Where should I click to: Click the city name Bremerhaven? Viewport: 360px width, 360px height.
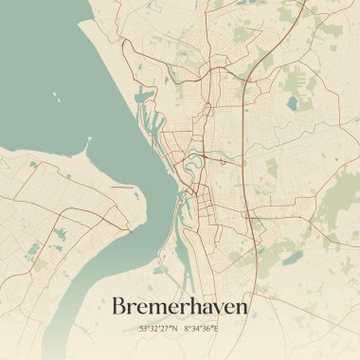tap(180, 307)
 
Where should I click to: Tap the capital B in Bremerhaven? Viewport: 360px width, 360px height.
tap(120, 307)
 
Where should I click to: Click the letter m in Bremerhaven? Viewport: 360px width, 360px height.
tap(158, 309)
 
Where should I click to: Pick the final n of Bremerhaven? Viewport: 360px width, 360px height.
tap(242, 309)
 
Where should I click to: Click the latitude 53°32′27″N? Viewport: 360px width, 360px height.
tap(158, 329)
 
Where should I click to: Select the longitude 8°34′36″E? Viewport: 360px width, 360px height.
tap(202, 329)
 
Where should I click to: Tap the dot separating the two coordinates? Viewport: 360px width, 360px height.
tap(180, 329)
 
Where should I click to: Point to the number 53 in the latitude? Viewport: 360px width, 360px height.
tap(143, 329)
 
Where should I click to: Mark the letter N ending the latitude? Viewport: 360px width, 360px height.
tap(173, 329)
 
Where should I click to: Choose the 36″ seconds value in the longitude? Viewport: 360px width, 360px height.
tap(210, 329)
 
